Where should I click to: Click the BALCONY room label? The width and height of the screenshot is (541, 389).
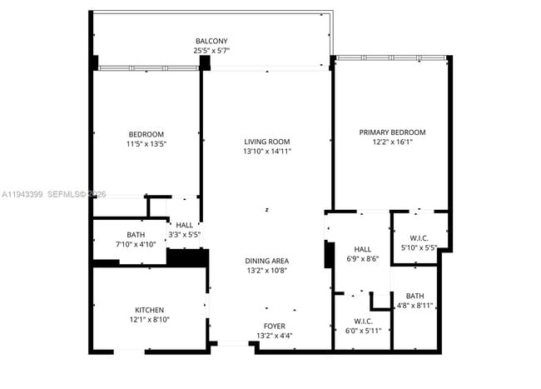pyautogui.click(x=211, y=42)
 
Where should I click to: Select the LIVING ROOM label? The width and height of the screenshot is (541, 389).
pyautogui.click(x=266, y=142)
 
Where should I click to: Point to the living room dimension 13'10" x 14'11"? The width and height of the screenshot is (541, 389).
pyautogui.click(x=266, y=152)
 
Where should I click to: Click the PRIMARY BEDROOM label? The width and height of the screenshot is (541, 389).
pyautogui.click(x=392, y=132)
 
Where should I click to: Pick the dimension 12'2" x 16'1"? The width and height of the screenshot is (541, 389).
pyautogui.click(x=392, y=142)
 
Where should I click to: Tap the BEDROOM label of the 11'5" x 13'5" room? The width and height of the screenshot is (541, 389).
pyautogui.click(x=146, y=134)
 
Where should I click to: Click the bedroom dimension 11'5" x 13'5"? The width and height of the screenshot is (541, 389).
pyautogui.click(x=146, y=144)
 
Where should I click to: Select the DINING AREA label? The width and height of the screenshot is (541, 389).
pyautogui.click(x=266, y=261)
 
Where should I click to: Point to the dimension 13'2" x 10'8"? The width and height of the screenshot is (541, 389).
pyautogui.click(x=266, y=271)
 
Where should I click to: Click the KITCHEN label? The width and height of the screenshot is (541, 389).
pyautogui.click(x=149, y=310)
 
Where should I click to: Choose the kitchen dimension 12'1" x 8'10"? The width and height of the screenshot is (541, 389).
pyautogui.click(x=149, y=320)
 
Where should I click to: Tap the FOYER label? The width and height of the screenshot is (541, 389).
pyautogui.click(x=274, y=326)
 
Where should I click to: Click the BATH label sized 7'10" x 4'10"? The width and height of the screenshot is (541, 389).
pyautogui.click(x=136, y=234)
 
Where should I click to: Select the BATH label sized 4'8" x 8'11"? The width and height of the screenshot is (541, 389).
pyautogui.click(x=414, y=296)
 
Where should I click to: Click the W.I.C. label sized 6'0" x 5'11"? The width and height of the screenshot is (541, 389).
pyautogui.click(x=363, y=321)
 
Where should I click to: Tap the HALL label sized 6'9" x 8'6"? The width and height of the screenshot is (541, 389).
pyautogui.click(x=363, y=248)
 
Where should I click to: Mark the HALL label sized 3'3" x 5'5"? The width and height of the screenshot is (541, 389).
pyautogui.click(x=185, y=225)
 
